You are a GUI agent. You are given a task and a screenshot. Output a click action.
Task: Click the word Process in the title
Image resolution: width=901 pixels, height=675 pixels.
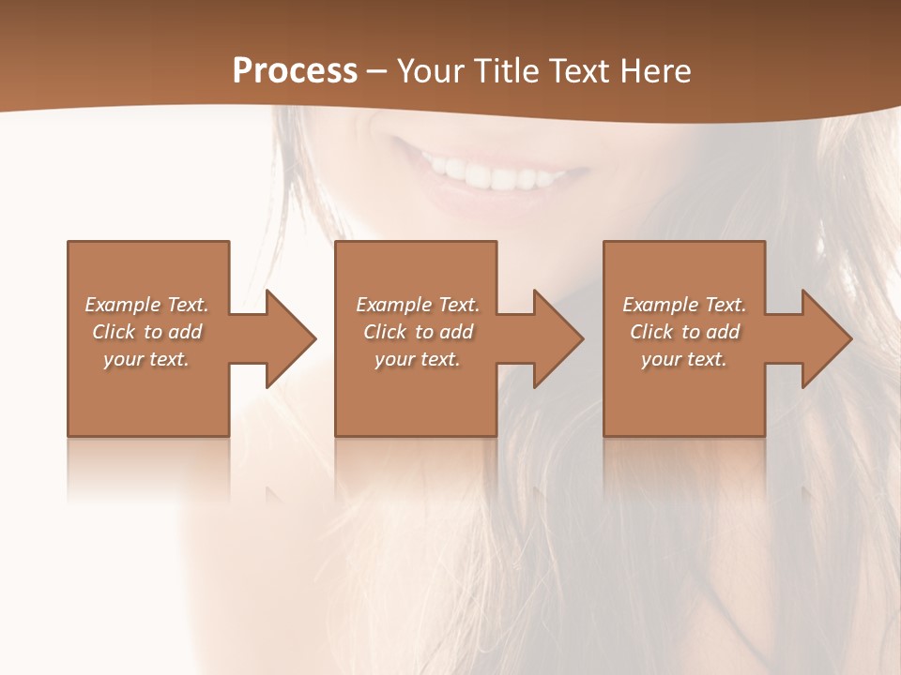(295, 71)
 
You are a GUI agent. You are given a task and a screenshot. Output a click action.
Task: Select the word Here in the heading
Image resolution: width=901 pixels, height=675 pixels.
(656, 71)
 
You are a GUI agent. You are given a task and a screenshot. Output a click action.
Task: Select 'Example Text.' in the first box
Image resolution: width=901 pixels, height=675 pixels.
(146, 305)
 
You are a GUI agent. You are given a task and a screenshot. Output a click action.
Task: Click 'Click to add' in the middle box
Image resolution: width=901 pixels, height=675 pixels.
(418, 332)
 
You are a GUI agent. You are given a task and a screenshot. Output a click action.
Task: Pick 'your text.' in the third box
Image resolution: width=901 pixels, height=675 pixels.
(684, 359)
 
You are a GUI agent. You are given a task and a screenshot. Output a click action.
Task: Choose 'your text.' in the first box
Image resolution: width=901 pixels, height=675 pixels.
(146, 359)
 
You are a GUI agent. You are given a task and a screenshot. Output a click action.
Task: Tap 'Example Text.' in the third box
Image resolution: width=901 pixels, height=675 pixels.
(684, 305)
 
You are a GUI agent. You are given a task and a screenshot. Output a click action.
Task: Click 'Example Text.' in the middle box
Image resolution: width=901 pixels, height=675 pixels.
(418, 305)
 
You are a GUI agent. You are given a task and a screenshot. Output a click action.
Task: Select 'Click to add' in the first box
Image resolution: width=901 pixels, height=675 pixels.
(146, 332)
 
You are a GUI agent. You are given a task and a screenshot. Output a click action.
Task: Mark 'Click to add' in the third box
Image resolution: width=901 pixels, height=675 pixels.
(684, 332)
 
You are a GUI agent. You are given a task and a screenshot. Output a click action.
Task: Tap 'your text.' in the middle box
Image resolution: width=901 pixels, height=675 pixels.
(418, 359)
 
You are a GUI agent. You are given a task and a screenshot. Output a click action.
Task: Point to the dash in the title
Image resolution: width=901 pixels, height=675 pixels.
(377, 72)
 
